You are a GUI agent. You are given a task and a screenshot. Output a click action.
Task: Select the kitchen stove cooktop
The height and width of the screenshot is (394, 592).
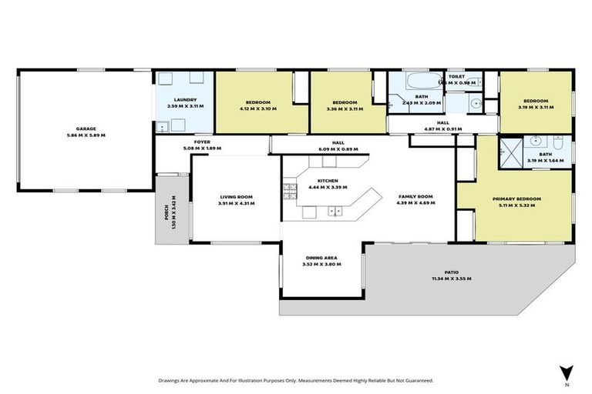[290, 190]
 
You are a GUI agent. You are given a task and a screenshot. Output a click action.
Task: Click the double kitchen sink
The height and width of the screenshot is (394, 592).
[334, 210]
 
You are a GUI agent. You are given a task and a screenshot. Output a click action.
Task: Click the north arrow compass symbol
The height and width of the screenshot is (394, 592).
[567, 372]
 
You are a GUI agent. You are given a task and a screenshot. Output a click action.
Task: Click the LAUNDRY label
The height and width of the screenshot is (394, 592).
[185, 99]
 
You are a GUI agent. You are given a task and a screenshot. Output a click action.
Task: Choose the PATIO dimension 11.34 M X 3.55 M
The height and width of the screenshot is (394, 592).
[451, 279]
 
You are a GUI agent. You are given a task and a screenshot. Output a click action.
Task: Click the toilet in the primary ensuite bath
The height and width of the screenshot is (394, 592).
[556, 142]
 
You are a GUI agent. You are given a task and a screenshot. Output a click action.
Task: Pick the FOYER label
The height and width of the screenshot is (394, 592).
[202, 141]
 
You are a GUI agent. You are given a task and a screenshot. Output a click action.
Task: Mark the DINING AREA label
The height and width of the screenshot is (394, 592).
[322, 257]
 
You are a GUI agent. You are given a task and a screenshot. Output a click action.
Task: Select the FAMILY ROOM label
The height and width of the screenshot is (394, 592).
[415, 197]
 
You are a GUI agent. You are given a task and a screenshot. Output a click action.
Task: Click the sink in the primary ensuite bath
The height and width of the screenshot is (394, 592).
[536, 142]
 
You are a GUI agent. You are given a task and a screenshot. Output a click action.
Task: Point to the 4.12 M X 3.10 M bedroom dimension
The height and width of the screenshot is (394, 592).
[258, 109]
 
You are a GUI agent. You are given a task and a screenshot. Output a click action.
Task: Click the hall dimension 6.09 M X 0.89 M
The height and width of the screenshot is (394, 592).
[338, 149]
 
